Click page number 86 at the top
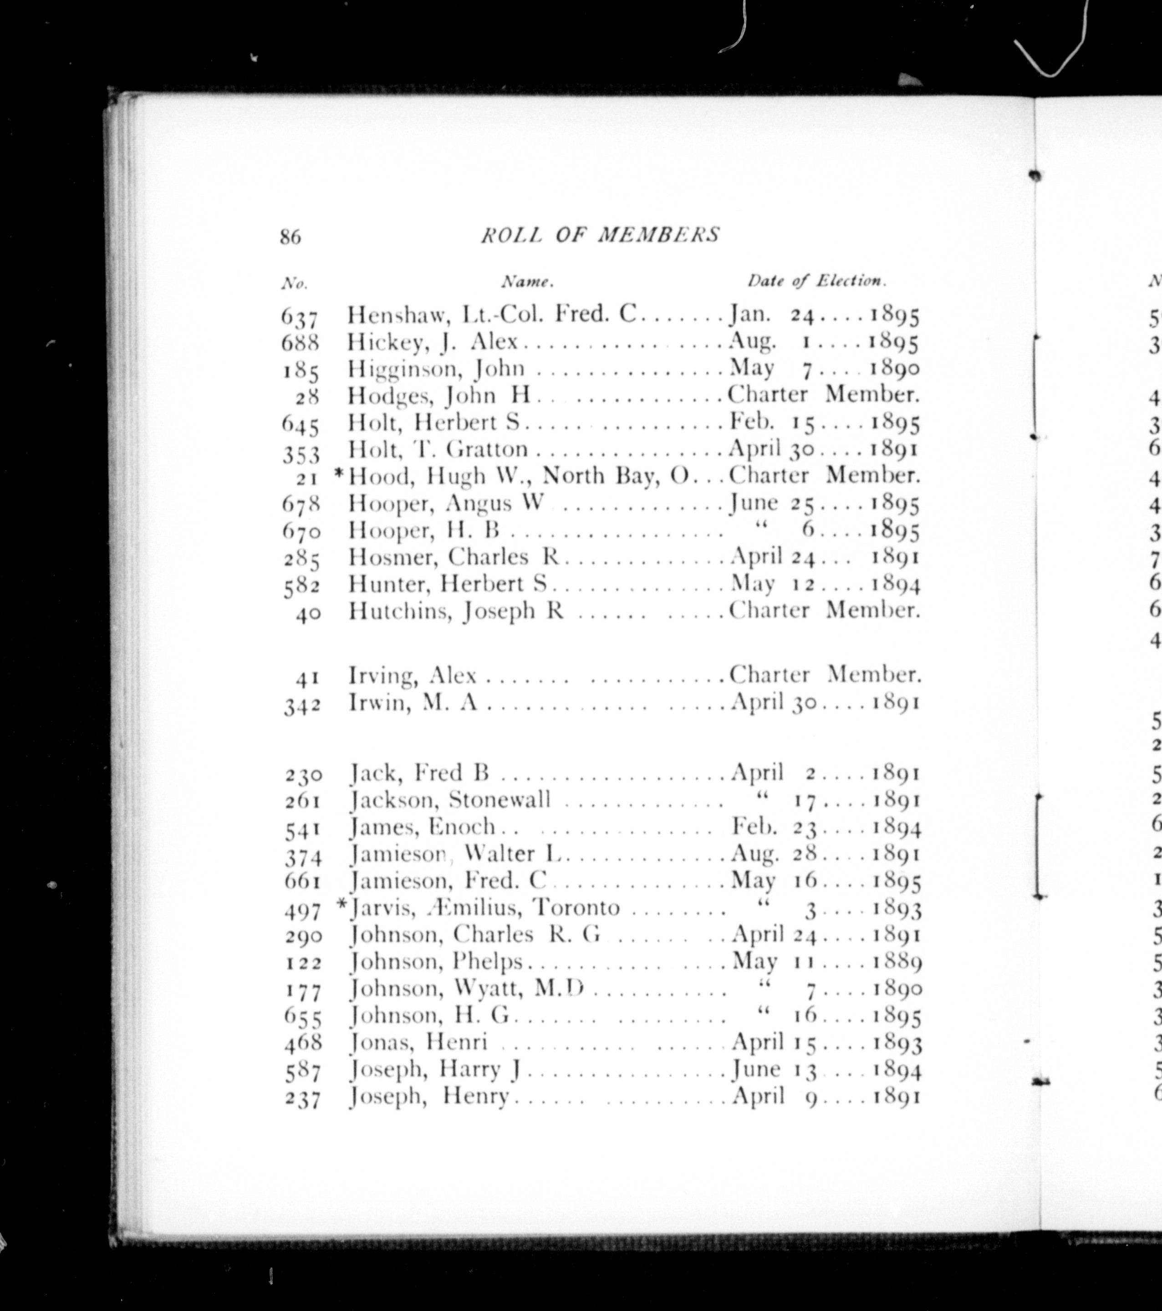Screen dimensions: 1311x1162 pyautogui.click(x=290, y=237)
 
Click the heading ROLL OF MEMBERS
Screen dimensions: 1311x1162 pyautogui.click(x=600, y=235)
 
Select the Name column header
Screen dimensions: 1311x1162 pyautogui.click(x=527, y=282)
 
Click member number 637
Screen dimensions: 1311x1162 pyautogui.click(x=300, y=316)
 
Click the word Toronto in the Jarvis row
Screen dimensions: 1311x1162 pyautogui.click(x=577, y=908)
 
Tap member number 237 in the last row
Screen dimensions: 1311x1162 pyautogui.click(x=302, y=1099)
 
